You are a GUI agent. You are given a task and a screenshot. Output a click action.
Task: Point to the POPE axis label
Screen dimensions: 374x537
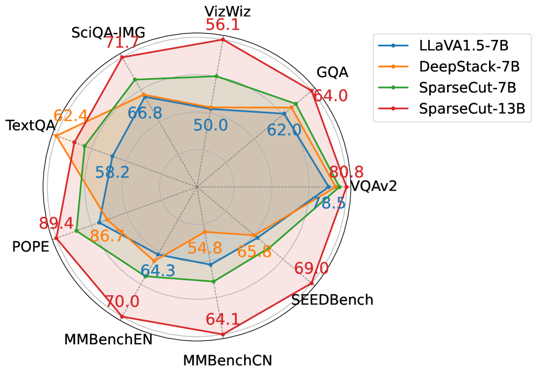[31, 246]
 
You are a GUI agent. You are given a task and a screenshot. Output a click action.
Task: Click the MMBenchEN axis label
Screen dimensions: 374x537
[108, 340]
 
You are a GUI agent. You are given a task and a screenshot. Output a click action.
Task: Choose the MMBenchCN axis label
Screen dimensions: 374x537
[227, 360]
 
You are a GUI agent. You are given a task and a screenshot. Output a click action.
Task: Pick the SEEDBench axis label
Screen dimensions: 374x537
[332, 300]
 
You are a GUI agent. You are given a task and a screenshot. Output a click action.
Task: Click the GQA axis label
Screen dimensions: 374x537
[332, 72]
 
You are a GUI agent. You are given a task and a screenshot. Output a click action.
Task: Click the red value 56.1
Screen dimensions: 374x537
[222, 25]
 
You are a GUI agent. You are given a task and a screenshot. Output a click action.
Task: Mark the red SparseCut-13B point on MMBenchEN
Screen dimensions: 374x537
[122, 317]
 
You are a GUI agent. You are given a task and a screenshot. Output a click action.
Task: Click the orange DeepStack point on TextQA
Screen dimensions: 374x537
[56, 136]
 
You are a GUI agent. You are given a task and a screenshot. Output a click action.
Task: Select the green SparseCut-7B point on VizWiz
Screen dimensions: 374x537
[216, 76]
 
